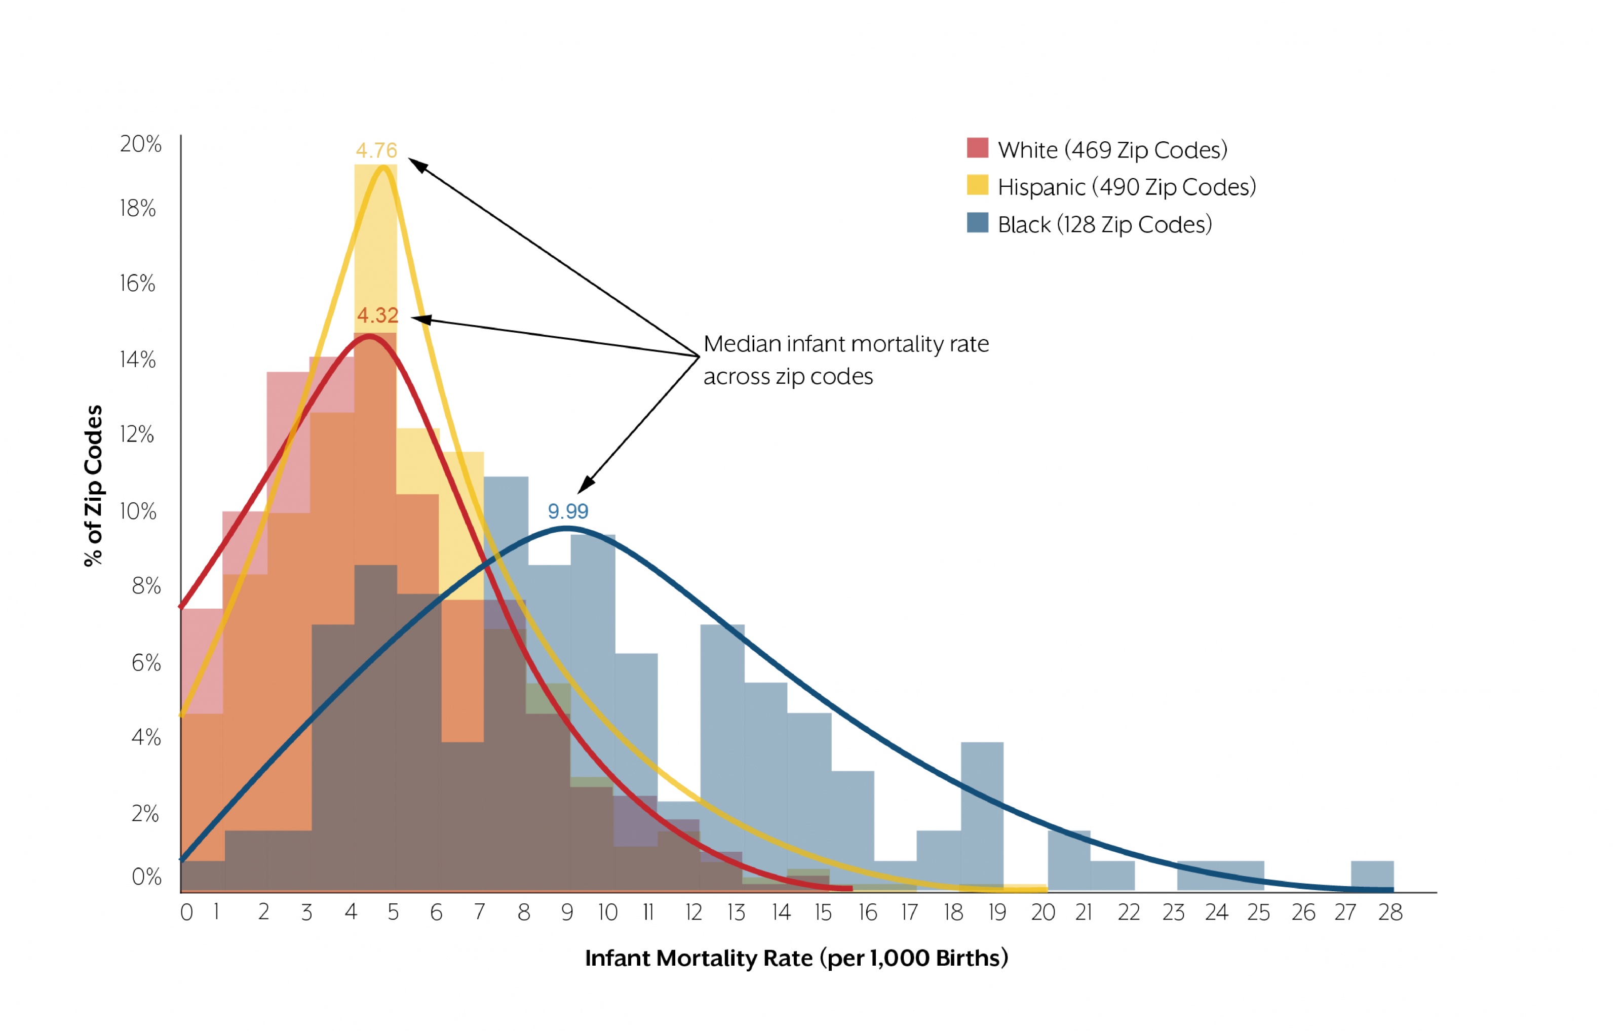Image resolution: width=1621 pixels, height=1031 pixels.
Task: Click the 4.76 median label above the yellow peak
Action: [x=376, y=150]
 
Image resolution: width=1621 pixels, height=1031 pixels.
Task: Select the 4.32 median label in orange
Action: [x=378, y=315]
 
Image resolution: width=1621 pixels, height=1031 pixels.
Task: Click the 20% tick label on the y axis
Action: [x=141, y=144]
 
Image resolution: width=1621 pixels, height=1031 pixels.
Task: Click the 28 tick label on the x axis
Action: [x=1390, y=913]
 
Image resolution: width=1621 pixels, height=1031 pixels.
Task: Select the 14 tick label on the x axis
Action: [x=781, y=913]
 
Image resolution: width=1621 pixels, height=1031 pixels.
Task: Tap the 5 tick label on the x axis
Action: [x=393, y=913]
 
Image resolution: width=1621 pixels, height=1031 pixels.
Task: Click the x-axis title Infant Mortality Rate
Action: [x=796, y=958]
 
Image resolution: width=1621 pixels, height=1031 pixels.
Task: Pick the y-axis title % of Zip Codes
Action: [x=93, y=486]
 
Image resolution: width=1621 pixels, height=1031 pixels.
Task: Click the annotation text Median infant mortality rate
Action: [x=846, y=344]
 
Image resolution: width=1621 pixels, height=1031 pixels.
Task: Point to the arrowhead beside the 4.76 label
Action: [x=417, y=164]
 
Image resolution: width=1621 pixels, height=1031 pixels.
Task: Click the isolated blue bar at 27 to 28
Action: [x=1372, y=875]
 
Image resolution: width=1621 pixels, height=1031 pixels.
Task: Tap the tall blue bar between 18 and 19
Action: [x=982, y=814]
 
